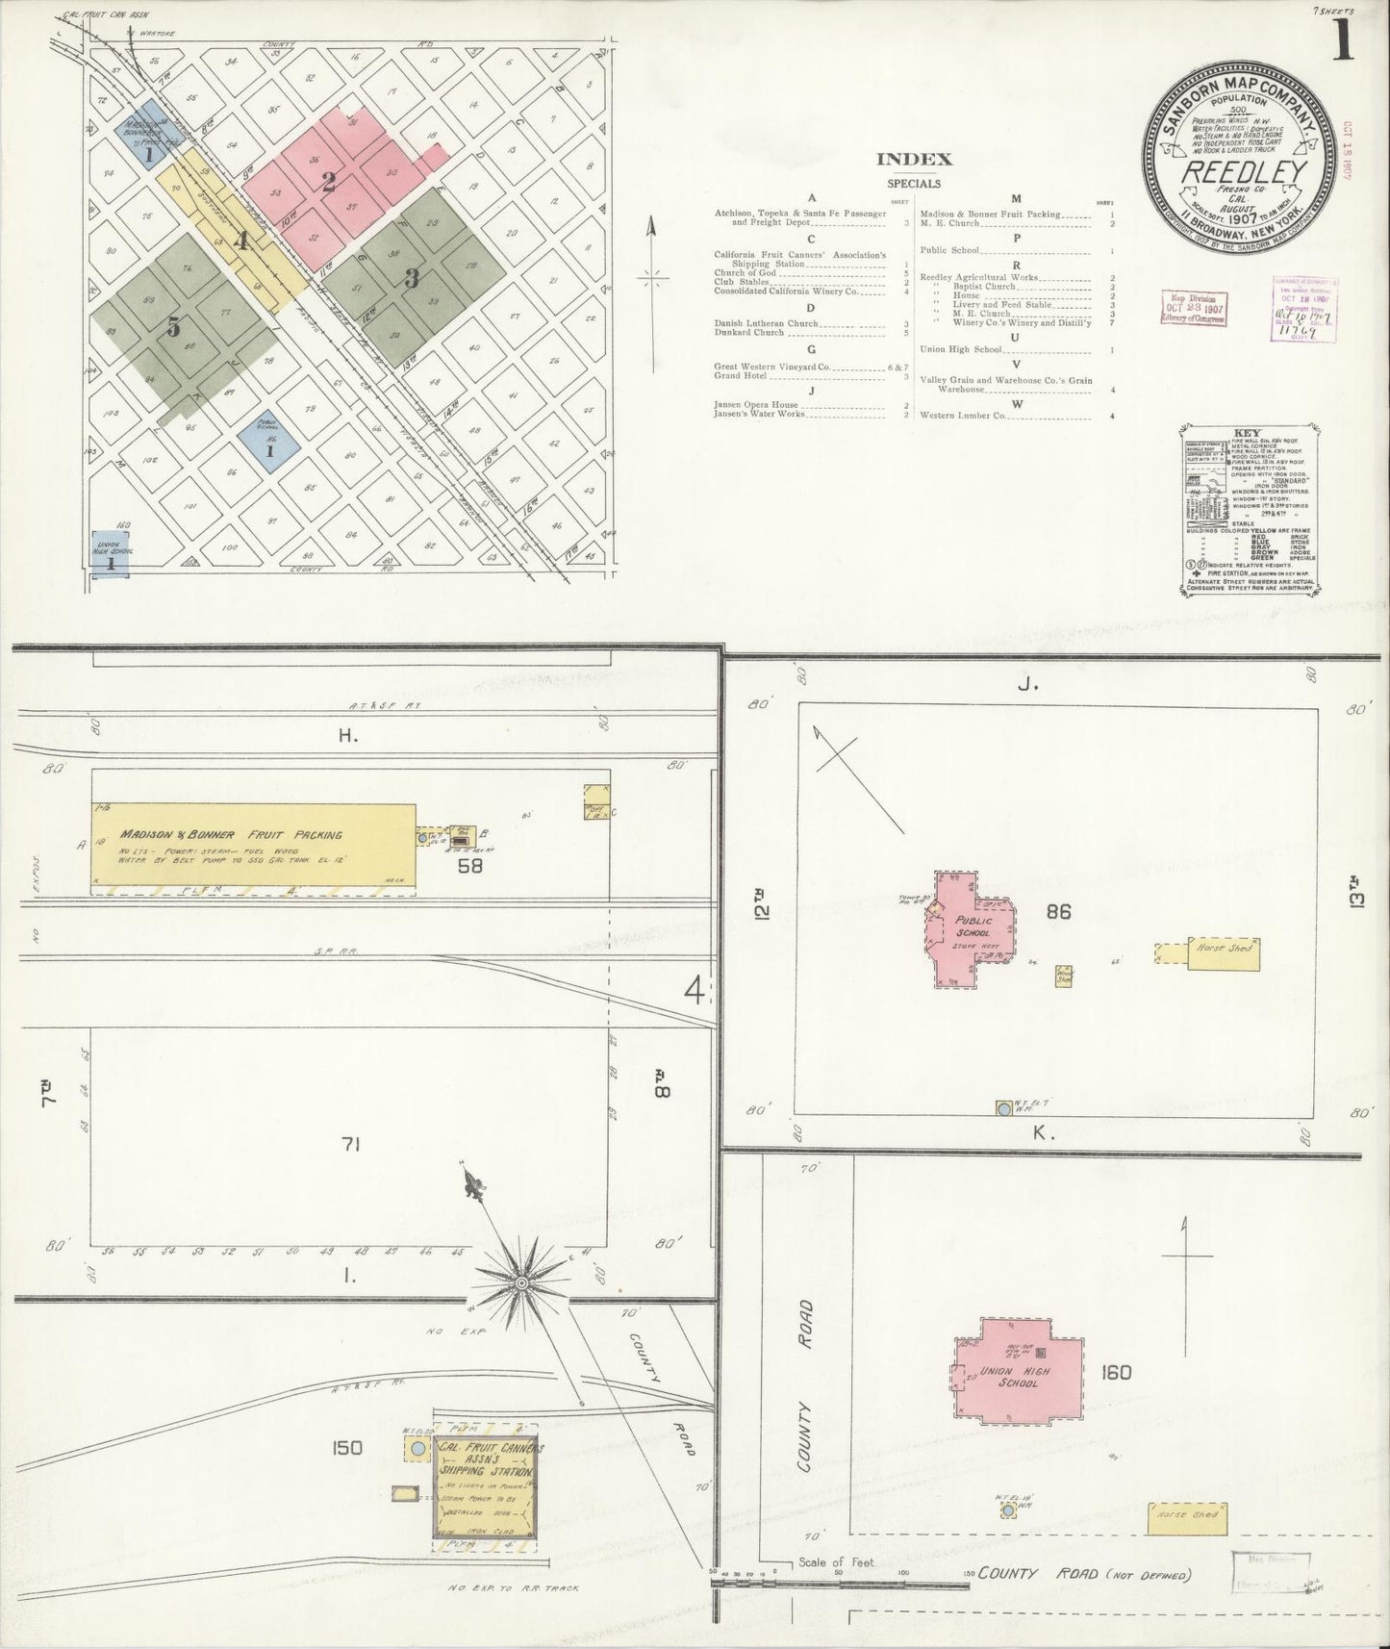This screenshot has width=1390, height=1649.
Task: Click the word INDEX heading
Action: pos(914,160)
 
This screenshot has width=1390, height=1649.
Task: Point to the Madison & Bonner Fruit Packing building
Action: pos(252,845)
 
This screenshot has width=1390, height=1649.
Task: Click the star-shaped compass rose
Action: pos(520,1282)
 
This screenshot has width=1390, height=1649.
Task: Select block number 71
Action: pos(349,1144)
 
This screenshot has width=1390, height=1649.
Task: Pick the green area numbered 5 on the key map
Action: pos(173,327)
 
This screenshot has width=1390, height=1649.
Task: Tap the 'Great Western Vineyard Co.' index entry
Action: pos(772,367)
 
